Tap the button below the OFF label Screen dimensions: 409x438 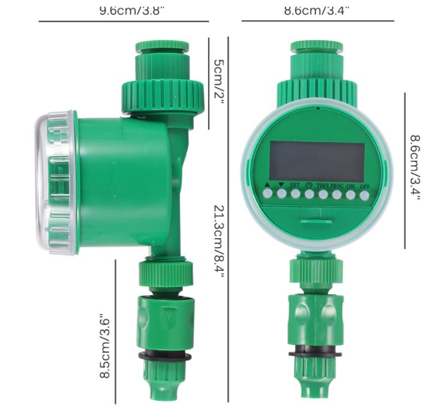[364, 194]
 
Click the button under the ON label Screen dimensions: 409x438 [350, 194]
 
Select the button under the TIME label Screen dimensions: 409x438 [323, 194]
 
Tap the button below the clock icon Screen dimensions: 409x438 [310, 194]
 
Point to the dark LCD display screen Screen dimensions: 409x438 [317, 161]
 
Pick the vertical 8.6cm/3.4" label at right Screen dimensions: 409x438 [414, 168]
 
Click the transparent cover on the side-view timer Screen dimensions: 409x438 [55, 182]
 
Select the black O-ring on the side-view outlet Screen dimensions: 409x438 [165, 356]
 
